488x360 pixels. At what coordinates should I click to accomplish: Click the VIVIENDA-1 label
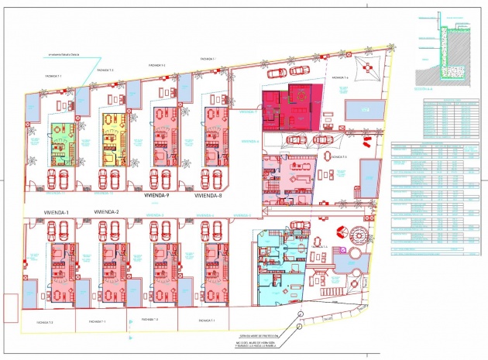56,212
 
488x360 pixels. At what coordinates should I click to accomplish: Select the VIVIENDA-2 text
105,211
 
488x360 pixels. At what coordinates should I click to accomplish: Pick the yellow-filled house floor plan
114,138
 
